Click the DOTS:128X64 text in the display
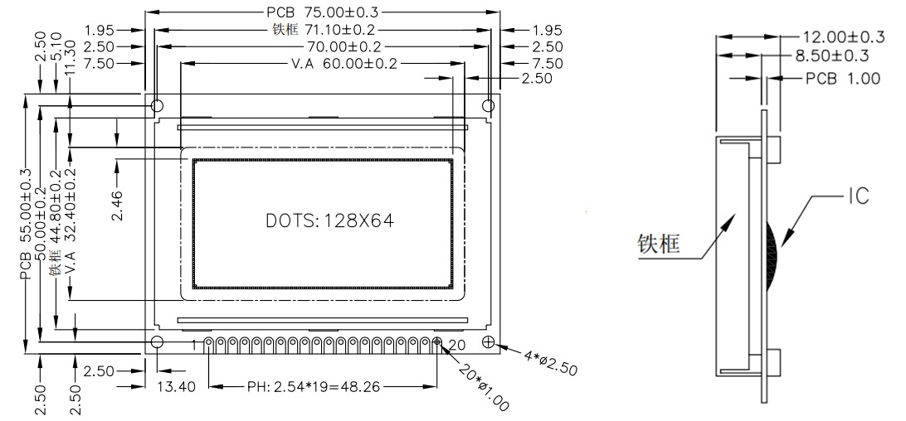tap(329, 221)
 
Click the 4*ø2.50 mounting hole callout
tap(550, 361)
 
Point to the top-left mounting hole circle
tap(157, 106)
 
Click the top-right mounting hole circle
tap(489, 106)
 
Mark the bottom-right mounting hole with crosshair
tap(489, 342)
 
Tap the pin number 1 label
tap(197, 344)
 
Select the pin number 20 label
tap(457, 344)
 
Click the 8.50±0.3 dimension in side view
tap(832, 56)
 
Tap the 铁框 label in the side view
tap(660, 243)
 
